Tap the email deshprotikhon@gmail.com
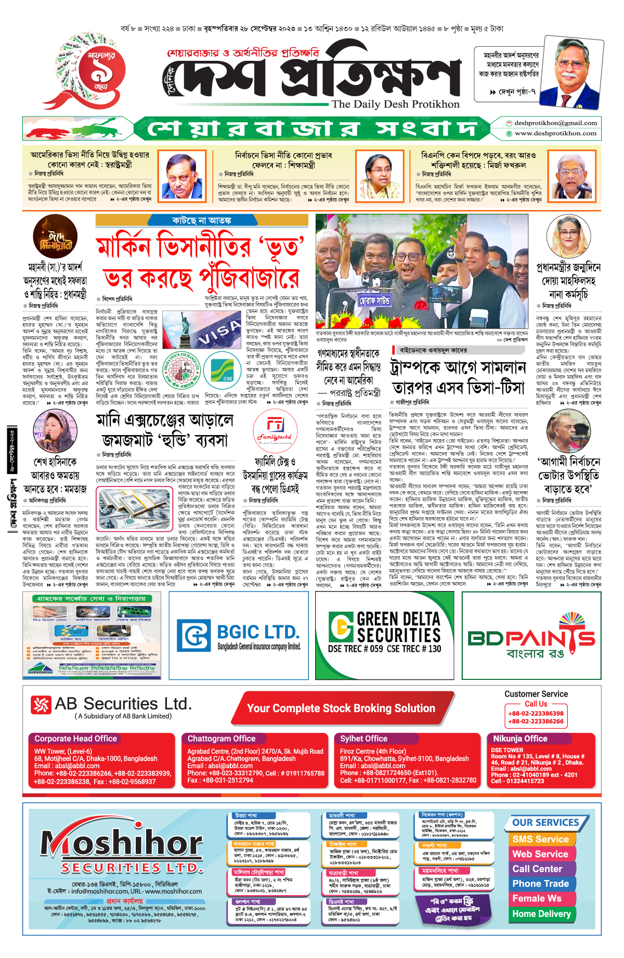(555, 123)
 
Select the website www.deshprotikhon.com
(555, 134)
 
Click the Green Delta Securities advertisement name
(398, 627)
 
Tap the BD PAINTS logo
(531, 638)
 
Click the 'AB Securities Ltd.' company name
(123, 704)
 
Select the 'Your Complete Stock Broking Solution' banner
(341, 708)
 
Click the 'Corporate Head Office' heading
(75, 739)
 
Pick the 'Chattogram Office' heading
(222, 739)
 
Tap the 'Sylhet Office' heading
(363, 739)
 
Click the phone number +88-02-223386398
(536, 714)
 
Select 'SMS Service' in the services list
(540, 839)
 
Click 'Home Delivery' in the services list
(541, 914)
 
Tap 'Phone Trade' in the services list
(540, 884)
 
